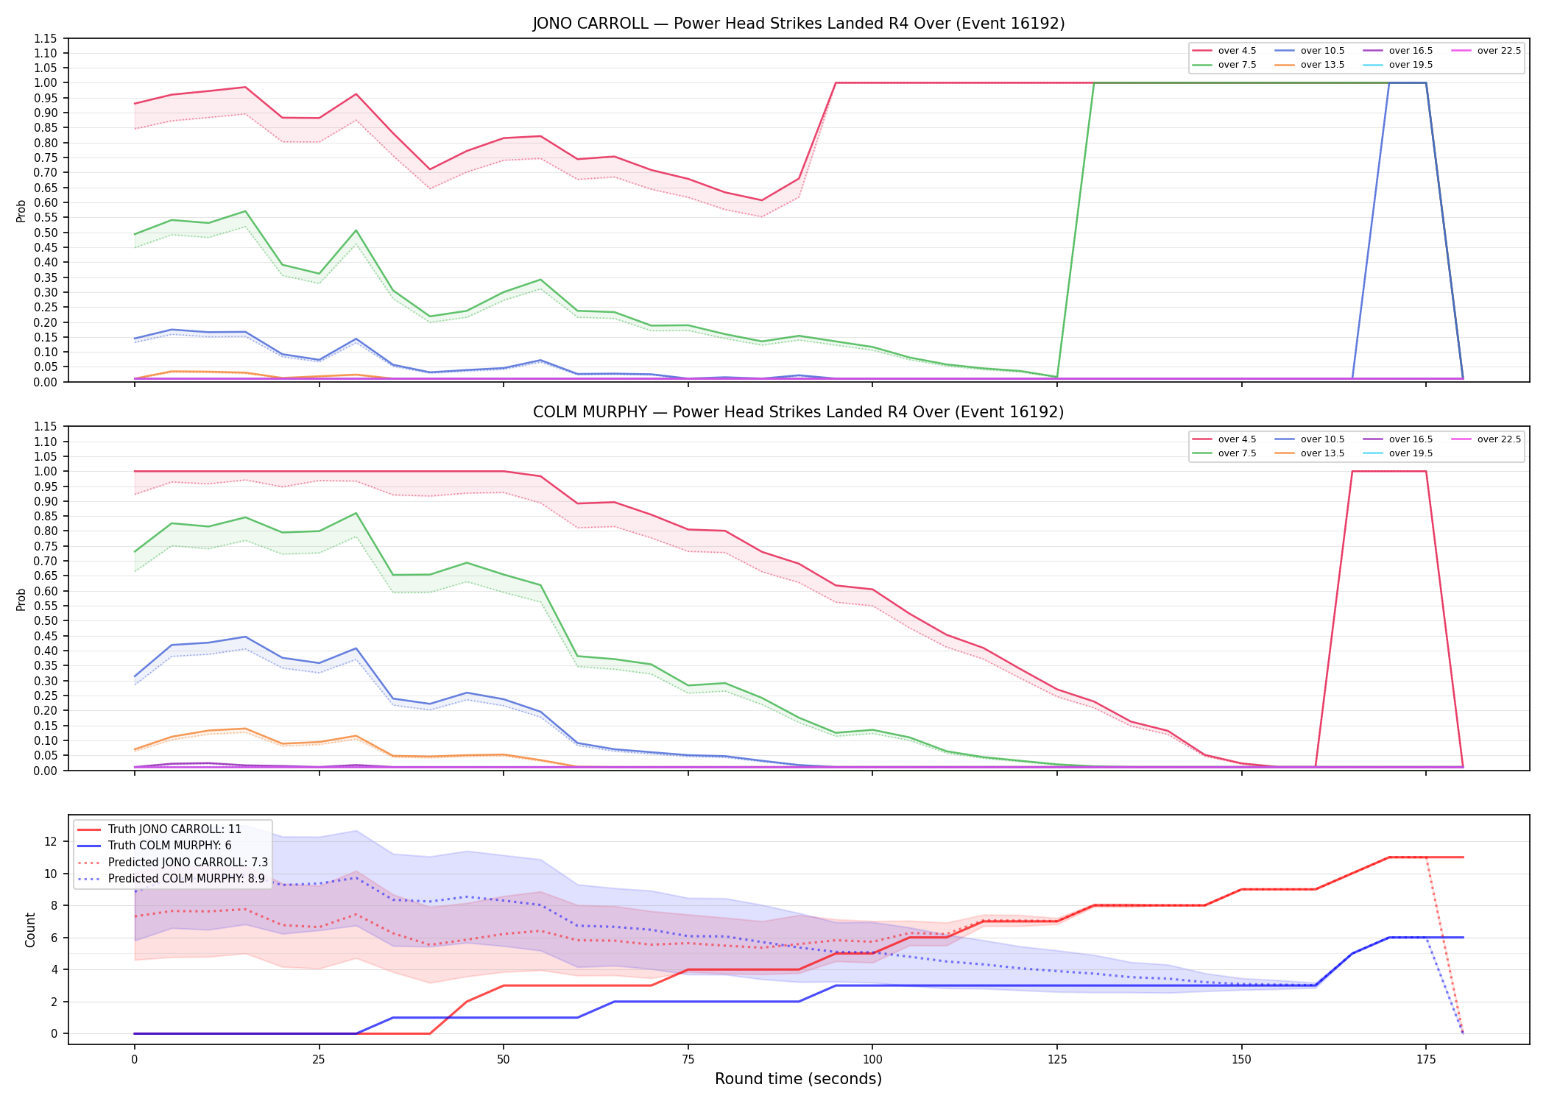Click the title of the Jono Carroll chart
(799, 24)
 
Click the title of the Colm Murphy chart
(799, 412)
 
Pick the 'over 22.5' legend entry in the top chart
(1486, 51)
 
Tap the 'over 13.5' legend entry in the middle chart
(1310, 453)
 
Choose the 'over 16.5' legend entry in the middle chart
(1398, 439)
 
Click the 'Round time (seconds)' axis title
(799, 1079)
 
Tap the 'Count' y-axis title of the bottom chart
(30, 930)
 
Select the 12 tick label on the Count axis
(52, 841)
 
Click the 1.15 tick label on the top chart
(46, 38)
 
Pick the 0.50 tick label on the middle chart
(46, 620)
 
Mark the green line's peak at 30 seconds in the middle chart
(356, 513)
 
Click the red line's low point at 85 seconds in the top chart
(762, 200)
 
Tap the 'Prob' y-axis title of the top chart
(21, 210)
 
